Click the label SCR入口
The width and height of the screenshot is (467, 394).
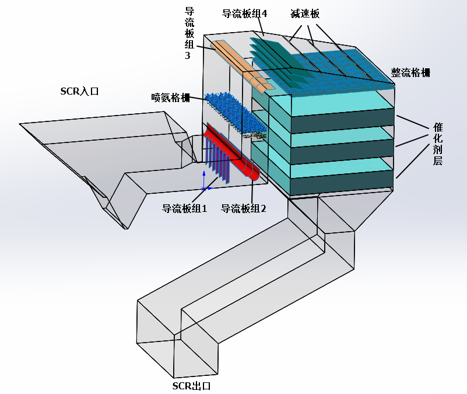tap(80, 91)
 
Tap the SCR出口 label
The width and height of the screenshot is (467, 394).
tap(191, 386)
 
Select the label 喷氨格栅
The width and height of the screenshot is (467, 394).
tap(170, 97)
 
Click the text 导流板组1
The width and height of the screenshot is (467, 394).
tap(184, 208)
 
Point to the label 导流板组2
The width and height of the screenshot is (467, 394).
tap(243, 208)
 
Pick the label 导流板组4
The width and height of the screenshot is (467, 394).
tap(244, 13)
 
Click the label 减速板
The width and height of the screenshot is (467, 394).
tap(305, 14)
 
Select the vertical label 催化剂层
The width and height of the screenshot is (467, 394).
tap(438, 144)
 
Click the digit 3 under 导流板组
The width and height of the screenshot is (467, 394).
tap(188, 56)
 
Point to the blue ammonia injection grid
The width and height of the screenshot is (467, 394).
tap(233, 111)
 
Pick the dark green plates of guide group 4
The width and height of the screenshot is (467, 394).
tap(274, 58)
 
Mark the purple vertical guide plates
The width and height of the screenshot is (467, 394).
tap(216, 161)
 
